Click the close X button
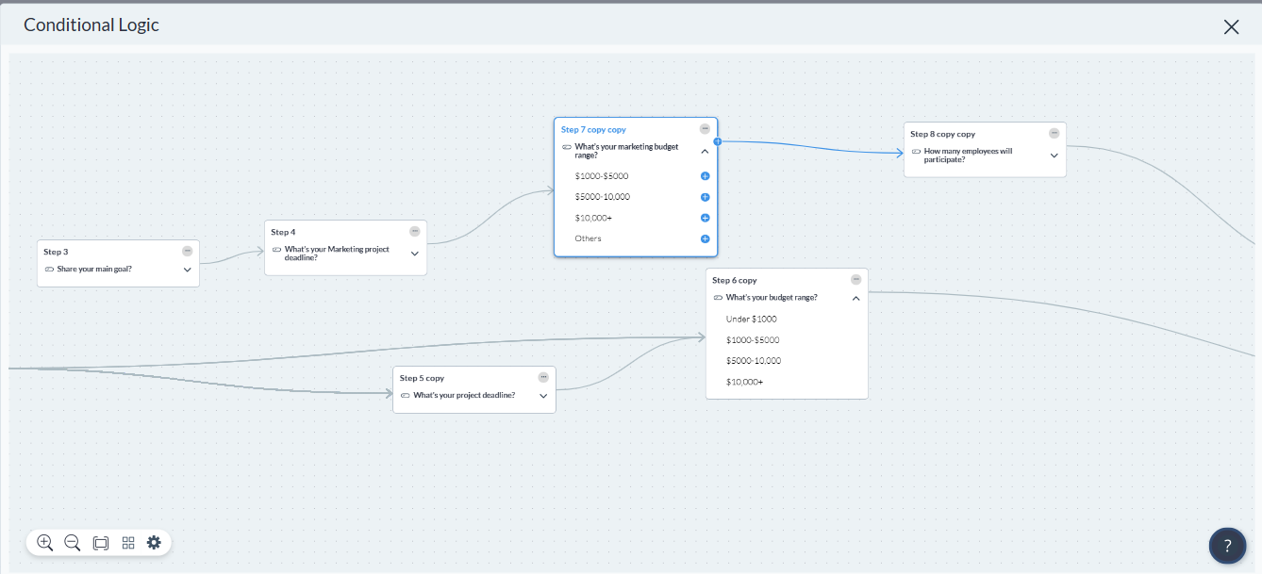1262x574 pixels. click(1231, 26)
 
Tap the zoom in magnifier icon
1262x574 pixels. click(44, 543)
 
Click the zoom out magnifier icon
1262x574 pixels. click(72, 543)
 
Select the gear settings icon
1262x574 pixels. click(154, 542)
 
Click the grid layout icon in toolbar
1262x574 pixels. click(128, 543)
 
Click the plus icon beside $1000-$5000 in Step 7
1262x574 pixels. click(705, 176)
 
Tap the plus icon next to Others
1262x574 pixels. click(705, 238)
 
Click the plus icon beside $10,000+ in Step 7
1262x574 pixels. click(705, 218)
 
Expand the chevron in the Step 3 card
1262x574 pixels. click(188, 270)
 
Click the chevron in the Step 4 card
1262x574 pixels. click(415, 254)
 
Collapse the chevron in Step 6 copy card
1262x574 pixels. click(855, 298)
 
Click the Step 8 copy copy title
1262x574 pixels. click(942, 134)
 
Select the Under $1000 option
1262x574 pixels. click(751, 320)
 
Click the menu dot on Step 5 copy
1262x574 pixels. click(543, 377)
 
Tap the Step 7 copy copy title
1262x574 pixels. click(593, 129)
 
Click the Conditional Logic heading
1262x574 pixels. click(91, 25)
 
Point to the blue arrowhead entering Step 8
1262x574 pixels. click(900, 153)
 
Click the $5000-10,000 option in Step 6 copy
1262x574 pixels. click(754, 361)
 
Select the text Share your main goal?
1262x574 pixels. click(94, 269)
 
